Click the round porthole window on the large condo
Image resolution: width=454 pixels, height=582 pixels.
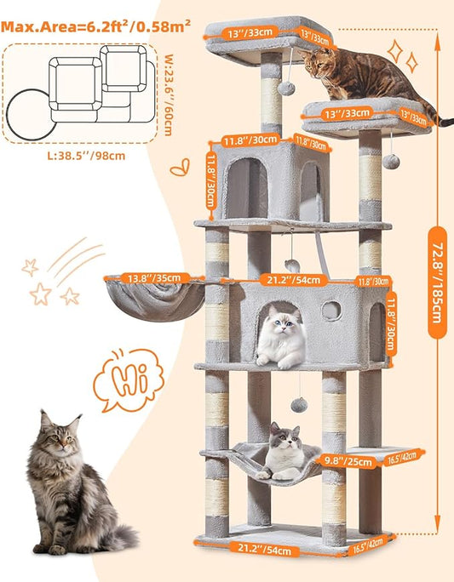[330, 311]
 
